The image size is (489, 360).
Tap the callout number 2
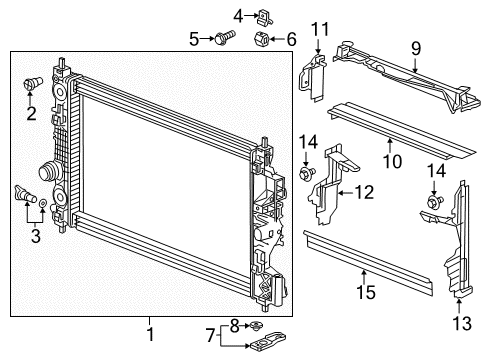click(31, 113)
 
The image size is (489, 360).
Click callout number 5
click(194, 39)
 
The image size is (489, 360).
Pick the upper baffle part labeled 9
click(400, 75)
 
